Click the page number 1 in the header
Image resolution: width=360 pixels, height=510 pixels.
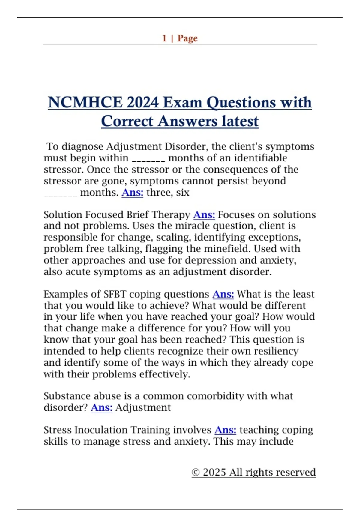pos(164,38)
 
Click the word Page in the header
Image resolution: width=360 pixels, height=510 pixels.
pos(187,38)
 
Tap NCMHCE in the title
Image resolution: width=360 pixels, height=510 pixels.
pos(85,103)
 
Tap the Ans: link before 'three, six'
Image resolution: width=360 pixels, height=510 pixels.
pos(132,192)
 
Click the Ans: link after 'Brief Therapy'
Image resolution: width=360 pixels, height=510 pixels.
pos(204,215)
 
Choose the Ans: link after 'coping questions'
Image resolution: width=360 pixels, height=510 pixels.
pos(223,294)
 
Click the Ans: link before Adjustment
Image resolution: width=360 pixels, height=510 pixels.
pos(101,407)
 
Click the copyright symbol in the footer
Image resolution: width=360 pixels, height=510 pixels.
pos(196,472)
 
